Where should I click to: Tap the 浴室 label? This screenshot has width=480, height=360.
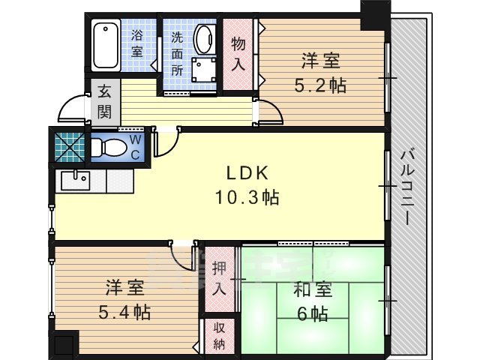coord(136,43)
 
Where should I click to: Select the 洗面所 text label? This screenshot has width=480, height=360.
coord(177,53)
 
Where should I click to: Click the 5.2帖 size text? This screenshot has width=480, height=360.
coord(320,85)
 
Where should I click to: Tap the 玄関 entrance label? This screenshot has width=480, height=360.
coord(103,103)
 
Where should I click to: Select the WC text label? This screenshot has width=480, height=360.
coord(135,146)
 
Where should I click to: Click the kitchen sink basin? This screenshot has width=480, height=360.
coord(73,181)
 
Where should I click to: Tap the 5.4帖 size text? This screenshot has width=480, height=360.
coord(123,310)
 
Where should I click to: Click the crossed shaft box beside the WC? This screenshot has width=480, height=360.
coord(69,145)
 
